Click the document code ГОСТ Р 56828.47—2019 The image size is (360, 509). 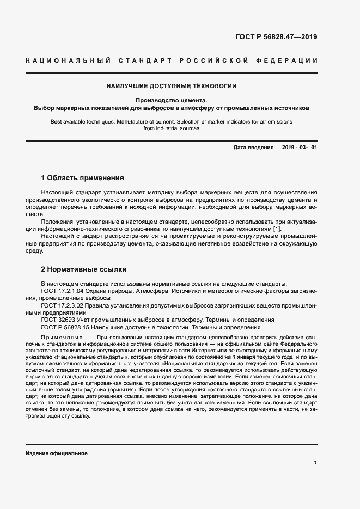pyautogui.click(x=276, y=38)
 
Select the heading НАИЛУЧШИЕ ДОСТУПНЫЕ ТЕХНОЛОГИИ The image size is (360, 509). pyautogui.click(x=171, y=86)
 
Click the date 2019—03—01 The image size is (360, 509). pyautogui.click(x=298, y=148)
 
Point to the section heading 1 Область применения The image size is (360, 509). pyautogui.click(x=83, y=177)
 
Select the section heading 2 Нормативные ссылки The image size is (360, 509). pyautogui.click(x=83, y=269)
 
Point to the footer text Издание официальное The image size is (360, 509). pyautogui.click(x=56, y=453)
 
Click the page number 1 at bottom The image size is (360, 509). pyautogui.click(x=315, y=463)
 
